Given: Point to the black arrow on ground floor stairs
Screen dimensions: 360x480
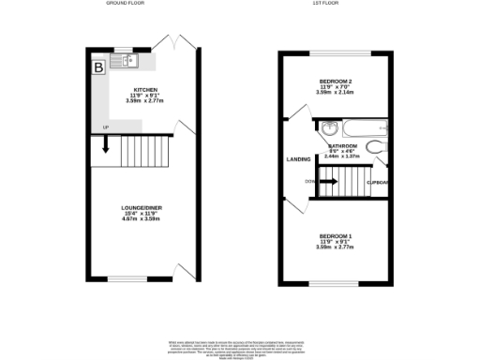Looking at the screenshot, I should click(105, 144).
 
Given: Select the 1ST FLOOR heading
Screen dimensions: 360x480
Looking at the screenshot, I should click(324, 5).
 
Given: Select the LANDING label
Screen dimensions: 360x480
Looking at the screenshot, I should click(298, 158).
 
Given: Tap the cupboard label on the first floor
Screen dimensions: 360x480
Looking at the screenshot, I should click(377, 181).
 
